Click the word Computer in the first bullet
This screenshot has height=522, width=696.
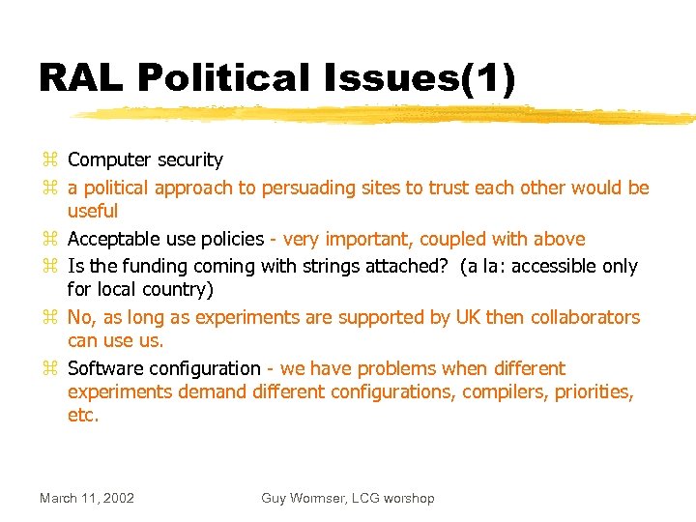coord(109,160)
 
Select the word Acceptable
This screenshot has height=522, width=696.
coord(115,239)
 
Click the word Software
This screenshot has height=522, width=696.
coord(106,368)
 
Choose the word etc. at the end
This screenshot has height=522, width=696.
coord(83,416)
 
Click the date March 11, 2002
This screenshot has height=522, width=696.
coord(87,498)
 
